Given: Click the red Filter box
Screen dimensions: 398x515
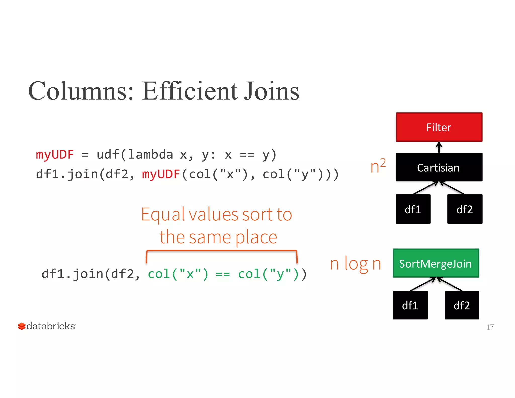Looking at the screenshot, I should (439, 127).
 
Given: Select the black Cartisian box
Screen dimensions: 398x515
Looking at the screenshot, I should (439, 167).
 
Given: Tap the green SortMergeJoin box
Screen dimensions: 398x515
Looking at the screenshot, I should (436, 263).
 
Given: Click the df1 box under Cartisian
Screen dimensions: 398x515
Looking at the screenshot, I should (413, 209).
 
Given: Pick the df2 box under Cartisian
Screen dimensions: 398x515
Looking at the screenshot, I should (464, 209).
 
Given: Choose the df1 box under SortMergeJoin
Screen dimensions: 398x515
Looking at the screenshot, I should (410, 305).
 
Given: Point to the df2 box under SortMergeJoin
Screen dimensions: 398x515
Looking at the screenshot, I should (462, 305).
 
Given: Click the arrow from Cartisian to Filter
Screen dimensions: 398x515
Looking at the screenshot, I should (439, 147).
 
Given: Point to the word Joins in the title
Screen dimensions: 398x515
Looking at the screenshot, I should (272, 91).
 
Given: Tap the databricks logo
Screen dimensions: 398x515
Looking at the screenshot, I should (47, 326).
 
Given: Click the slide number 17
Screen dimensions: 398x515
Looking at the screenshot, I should (490, 327).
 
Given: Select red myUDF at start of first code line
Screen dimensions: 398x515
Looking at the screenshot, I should (55, 154).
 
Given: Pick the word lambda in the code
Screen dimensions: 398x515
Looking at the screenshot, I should (150, 154).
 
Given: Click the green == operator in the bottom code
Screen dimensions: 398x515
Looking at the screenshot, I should (223, 274).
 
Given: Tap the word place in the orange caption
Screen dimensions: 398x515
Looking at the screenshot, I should (256, 237).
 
